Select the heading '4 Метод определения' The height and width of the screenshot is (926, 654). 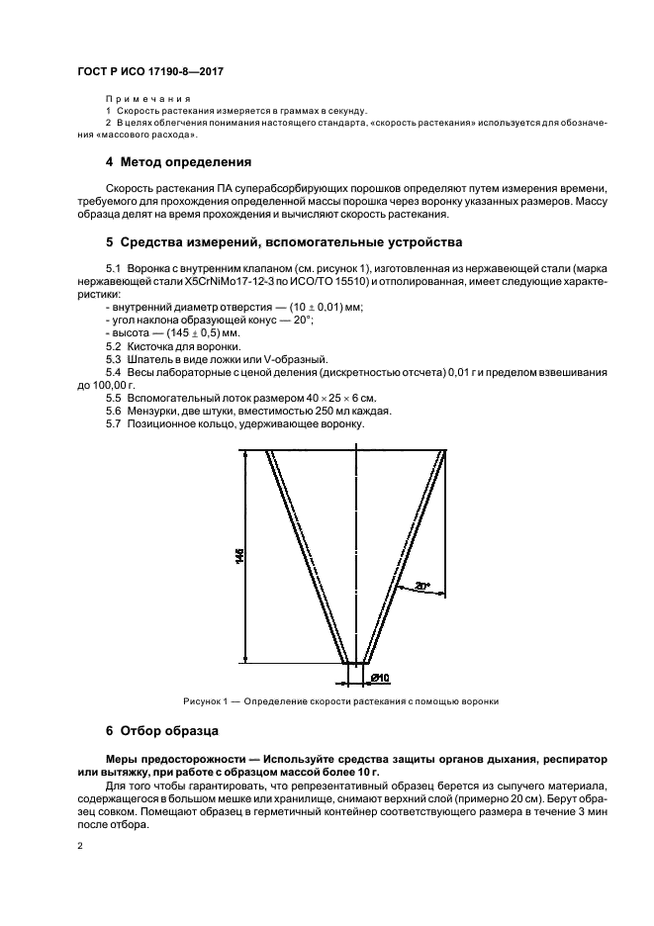coord(178,161)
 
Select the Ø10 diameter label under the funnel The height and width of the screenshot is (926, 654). coord(381,677)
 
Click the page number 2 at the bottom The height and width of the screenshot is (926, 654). coord(79,846)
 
